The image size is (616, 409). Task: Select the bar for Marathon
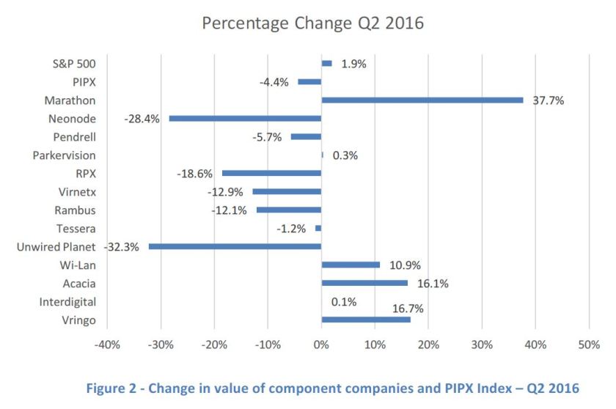point(422,100)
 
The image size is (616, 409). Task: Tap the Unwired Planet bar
point(235,246)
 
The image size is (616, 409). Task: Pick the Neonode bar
point(245,118)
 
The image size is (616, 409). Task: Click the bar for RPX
point(271,173)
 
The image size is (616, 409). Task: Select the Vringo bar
point(366,320)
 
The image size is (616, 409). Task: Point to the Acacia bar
point(364,283)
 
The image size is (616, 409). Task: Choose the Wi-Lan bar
point(351,265)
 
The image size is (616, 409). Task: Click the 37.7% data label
point(547,100)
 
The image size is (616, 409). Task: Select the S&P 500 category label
point(76,64)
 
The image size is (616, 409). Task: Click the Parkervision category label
point(65,155)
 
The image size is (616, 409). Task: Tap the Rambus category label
point(77,210)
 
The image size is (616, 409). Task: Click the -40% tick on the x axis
point(107,344)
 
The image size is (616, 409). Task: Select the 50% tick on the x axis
point(589,344)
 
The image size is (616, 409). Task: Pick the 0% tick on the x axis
point(321,344)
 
